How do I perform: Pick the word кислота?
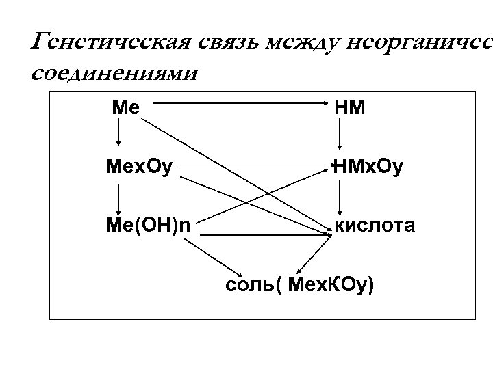(374, 225)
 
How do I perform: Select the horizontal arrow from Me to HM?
(240, 103)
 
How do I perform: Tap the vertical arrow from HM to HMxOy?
(340, 135)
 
